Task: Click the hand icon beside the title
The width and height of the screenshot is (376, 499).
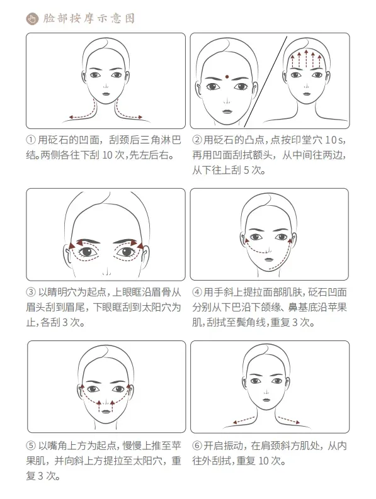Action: (x=32, y=18)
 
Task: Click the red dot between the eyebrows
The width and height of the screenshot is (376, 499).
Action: (x=227, y=77)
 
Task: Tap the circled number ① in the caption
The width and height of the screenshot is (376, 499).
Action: (x=31, y=140)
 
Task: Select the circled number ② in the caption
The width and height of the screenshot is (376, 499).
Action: (x=197, y=140)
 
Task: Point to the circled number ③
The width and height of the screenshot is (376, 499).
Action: (x=31, y=292)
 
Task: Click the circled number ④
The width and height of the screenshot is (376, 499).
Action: (x=197, y=292)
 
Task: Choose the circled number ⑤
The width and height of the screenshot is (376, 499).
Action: (x=31, y=446)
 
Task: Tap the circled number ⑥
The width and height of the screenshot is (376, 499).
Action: (x=197, y=446)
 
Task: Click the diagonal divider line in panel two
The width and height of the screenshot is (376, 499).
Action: (x=265, y=81)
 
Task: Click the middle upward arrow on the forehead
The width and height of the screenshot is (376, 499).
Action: (x=306, y=59)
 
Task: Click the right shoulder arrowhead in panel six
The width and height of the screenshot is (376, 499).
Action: (x=297, y=423)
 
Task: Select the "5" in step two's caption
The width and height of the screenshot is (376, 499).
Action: (x=246, y=171)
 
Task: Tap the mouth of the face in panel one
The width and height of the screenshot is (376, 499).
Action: (x=106, y=94)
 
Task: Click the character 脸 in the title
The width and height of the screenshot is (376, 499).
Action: (x=48, y=18)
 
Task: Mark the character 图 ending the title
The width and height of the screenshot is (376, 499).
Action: (x=129, y=18)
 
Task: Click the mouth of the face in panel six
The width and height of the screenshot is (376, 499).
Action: (x=266, y=400)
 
